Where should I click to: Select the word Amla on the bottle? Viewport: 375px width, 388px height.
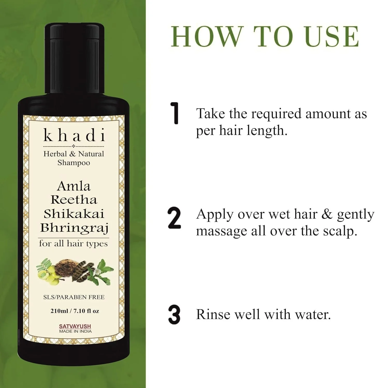pos(74,186)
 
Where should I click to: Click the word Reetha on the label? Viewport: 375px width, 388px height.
pos(74,200)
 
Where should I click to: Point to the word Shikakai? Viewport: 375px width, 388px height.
pos(74,214)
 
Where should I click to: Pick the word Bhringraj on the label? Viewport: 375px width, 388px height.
pos(74,228)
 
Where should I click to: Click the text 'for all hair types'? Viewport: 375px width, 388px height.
pos(73,244)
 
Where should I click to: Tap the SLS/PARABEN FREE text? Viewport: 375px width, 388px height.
pos(74,297)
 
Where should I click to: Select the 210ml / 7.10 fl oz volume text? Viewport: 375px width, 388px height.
pos(75,311)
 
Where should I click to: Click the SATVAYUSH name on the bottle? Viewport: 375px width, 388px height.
pos(75,326)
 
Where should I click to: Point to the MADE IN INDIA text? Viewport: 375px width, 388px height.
pos(75,331)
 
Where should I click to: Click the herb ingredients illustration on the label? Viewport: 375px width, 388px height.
pos(75,272)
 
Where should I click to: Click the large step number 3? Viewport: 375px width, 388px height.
pos(174,315)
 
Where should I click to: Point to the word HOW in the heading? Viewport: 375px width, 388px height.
pos(206,36)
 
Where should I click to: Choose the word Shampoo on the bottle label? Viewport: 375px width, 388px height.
pos(74,163)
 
